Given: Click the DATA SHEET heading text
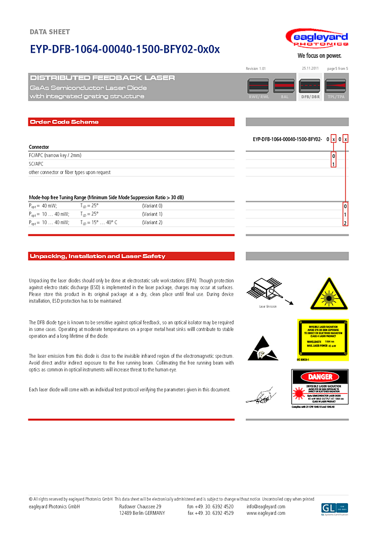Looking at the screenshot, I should [x=50, y=32].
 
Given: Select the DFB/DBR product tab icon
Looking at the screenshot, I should [x=310, y=87].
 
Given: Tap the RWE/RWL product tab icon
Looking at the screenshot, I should [x=258, y=87].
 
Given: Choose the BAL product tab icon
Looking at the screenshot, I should [x=284, y=87].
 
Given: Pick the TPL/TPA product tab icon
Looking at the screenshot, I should [x=336, y=87].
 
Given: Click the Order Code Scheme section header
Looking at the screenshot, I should [x=64, y=122].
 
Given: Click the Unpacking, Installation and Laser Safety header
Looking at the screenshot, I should [x=98, y=256].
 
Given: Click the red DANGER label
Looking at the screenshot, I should [x=320, y=377].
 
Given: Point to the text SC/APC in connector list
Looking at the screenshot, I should [x=36, y=164].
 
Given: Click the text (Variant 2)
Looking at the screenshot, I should [x=152, y=223].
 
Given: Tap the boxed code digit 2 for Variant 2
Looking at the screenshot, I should [x=345, y=223].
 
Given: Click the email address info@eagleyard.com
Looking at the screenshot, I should [x=266, y=507].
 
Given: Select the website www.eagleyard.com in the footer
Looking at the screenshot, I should [x=266, y=513].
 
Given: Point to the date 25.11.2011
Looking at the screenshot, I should [x=310, y=68].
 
